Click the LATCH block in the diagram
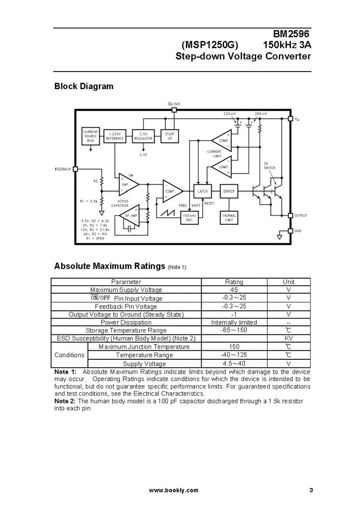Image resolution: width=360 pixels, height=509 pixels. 202,191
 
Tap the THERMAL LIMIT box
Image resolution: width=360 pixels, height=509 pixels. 228,217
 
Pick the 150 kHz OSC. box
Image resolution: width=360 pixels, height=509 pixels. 189,217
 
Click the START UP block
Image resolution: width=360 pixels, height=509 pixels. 169,136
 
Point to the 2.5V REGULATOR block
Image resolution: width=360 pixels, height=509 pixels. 143,136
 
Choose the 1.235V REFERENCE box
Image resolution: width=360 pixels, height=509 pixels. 115,136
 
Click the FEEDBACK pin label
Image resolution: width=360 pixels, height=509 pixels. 63,169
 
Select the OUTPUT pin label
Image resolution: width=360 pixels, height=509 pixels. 300,216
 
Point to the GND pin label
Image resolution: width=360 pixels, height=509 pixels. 298,231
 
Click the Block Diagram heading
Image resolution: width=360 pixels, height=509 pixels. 84,87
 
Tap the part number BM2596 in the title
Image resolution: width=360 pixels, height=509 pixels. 292,35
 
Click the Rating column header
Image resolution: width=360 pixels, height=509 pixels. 234,282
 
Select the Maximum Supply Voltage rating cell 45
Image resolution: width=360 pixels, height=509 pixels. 234,290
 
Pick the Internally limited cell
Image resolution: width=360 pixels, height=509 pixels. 234,322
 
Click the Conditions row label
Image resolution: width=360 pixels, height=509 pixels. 70,355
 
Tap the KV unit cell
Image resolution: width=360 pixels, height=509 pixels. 288,339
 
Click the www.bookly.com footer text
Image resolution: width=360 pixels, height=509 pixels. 173,490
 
